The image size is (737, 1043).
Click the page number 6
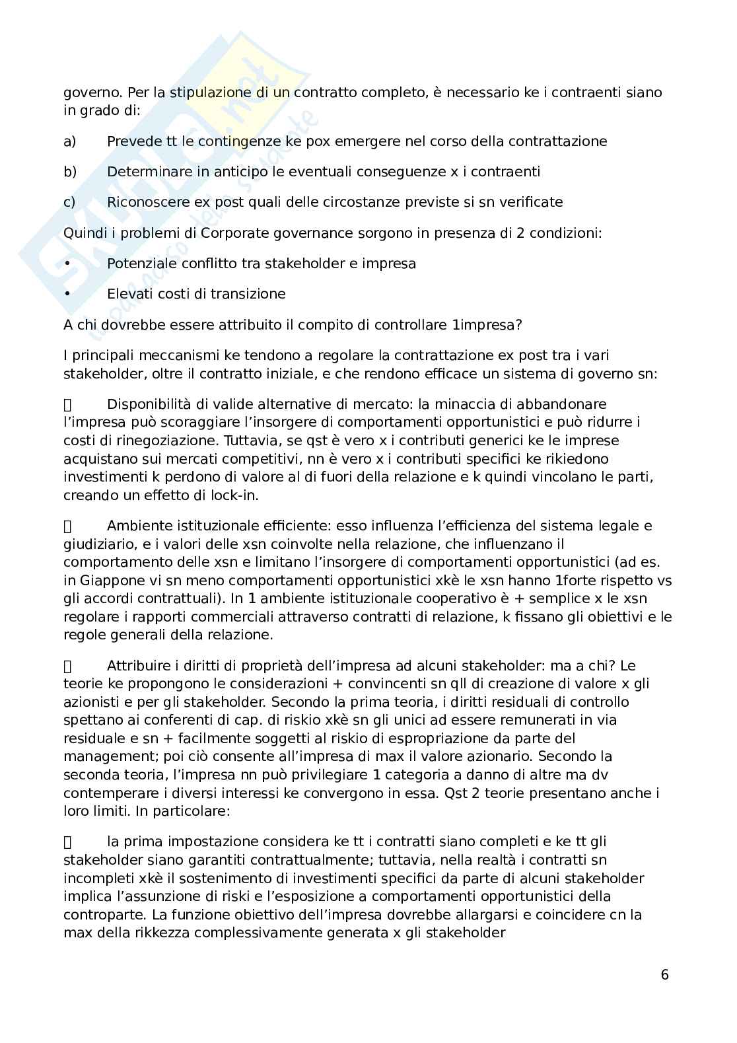pyautogui.click(x=664, y=975)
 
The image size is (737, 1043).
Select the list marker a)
pyautogui.click(x=69, y=141)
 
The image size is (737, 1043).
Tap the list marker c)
pyautogui.click(x=69, y=202)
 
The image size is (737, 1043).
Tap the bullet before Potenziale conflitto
pyautogui.click(x=67, y=264)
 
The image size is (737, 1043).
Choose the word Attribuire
pyautogui.click(x=139, y=666)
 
